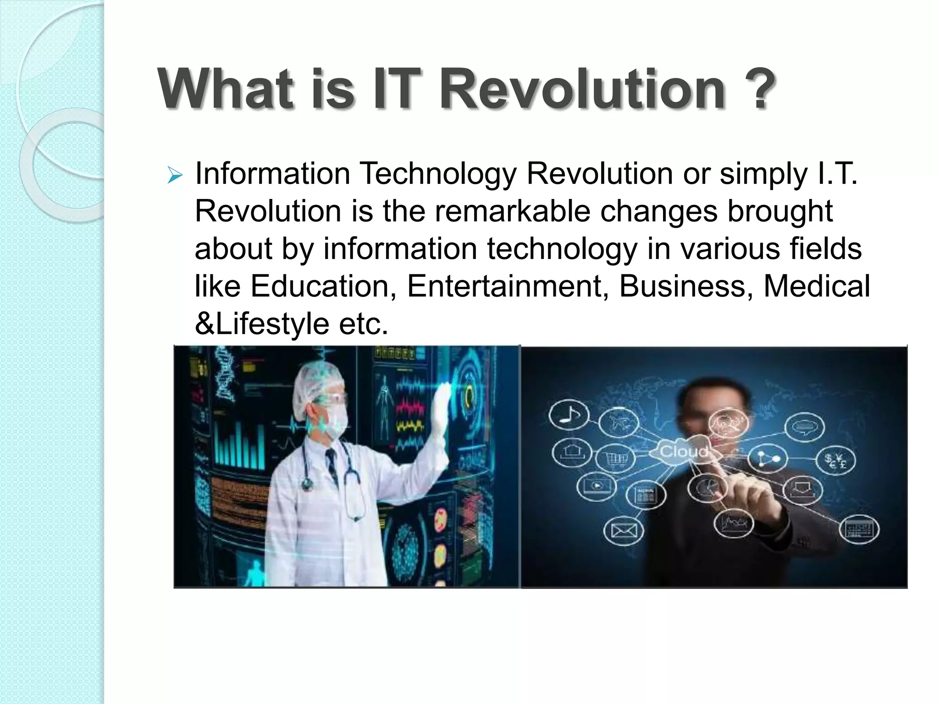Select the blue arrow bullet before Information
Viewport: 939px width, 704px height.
[175, 175]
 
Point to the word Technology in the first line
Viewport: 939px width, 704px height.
[438, 174]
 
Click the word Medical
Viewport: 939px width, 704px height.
[817, 286]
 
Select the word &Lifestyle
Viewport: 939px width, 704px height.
[262, 324]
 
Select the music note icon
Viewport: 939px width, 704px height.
[569, 415]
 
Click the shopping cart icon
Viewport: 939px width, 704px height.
[614, 458]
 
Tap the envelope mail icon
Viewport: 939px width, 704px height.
[624, 531]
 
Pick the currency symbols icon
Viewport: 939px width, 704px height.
[835, 461]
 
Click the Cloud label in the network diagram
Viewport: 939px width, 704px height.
[683, 452]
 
